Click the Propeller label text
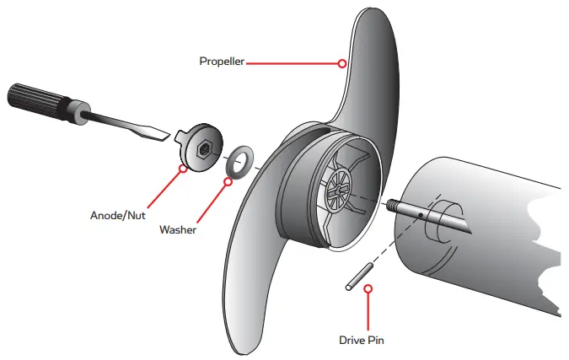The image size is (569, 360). (x=222, y=62)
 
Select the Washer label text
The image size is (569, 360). (x=178, y=228)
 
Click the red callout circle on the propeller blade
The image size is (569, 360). (x=341, y=62)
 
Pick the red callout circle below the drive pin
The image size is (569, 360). (x=368, y=288)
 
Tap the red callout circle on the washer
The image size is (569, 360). (x=227, y=180)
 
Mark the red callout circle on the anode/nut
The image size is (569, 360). (x=184, y=167)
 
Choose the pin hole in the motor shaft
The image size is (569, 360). (x=420, y=215)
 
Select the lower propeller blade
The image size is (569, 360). (x=253, y=278)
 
